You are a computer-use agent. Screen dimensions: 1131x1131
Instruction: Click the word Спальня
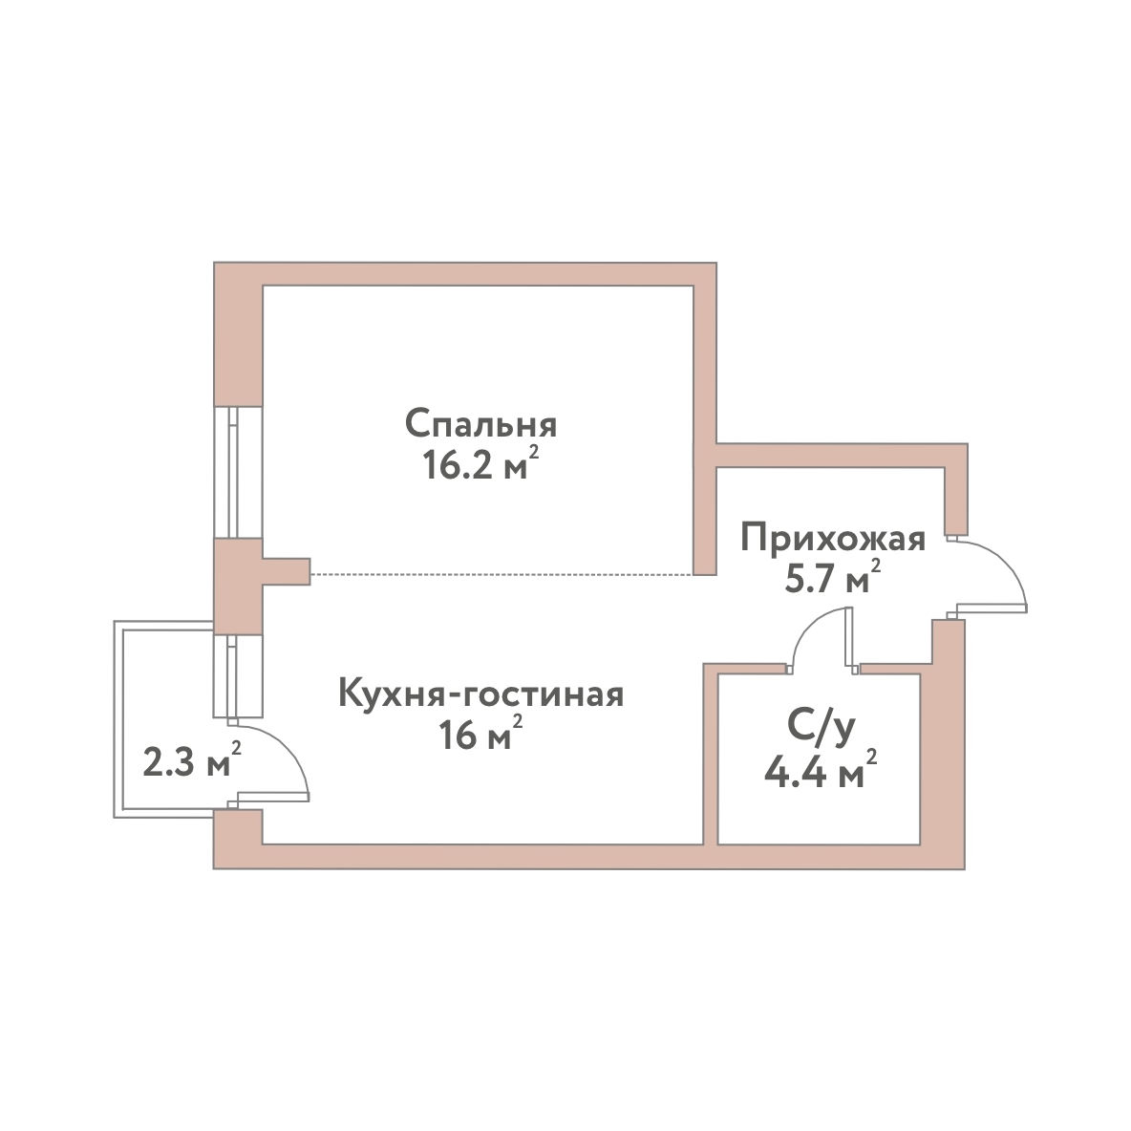pyautogui.click(x=480, y=425)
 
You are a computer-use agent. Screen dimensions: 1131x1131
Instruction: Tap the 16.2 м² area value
pyautogui.click(x=480, y=464)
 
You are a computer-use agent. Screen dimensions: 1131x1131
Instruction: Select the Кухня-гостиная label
pyautogui.click(x=480, y=694)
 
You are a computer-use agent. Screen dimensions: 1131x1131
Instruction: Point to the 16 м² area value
pyautogui.click(x=480, y=734)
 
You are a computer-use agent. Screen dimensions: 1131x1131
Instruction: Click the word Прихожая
pyautogui.click(x=833, y=539)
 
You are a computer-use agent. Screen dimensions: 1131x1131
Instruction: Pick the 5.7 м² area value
pyautogui.click(x=833, y=577)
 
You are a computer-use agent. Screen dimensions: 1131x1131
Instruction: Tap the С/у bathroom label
pyautogui.click(x=821, y=729)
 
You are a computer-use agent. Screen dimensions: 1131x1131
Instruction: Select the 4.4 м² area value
pyautogui.click(x=821, y=772)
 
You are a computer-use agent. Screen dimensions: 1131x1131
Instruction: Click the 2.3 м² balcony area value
pyautogui.click(x=192, y=760)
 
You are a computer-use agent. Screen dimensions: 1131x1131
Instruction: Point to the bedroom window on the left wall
pyautogui.click(x=237, y=473)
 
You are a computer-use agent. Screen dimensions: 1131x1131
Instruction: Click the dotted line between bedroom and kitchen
pyautogui.click(x=502, y=574)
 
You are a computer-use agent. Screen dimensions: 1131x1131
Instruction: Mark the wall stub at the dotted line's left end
pyautogui.click(x=286, y=571)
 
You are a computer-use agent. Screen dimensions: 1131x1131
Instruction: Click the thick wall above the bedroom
pyautogui.click(x=465, y=274)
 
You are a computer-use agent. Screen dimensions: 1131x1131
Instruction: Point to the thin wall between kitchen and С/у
pyautogui.click(x=711, y=754)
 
